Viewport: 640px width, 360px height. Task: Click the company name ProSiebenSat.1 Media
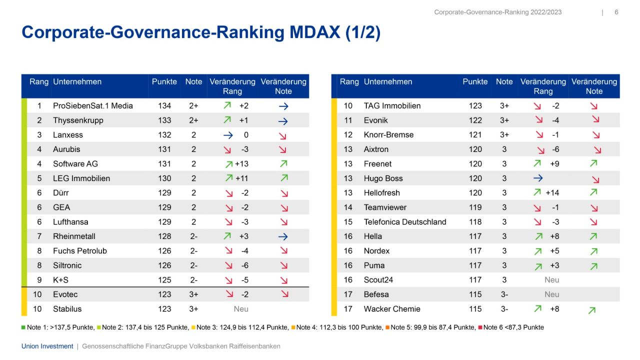point(92,106)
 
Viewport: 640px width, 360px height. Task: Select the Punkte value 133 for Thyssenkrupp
point(164,120)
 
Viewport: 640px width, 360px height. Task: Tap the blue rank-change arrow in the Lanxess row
point(228,135)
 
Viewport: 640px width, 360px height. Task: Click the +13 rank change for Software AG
point(241,164)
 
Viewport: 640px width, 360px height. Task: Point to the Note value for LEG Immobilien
point(193,178)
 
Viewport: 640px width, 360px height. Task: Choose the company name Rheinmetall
point(74,236)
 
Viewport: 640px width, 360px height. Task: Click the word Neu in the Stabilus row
point(241,309)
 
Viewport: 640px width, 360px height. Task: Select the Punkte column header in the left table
point(164,82)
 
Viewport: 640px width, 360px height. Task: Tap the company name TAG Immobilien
point(392,106)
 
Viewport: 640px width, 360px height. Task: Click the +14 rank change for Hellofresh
point(552,193)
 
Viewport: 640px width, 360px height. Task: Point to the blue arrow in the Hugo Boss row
point(538,178)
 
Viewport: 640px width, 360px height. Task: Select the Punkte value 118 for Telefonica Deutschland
point(475,222)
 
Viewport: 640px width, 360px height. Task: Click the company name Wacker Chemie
point(392,309)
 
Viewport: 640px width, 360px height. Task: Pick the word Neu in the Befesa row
point(552,294)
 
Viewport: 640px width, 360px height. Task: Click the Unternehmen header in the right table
point(388,82)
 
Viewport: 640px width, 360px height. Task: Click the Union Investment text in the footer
point(47,346)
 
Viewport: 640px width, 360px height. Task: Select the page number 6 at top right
point(616,12)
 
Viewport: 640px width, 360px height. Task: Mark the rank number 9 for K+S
point(39,280)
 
